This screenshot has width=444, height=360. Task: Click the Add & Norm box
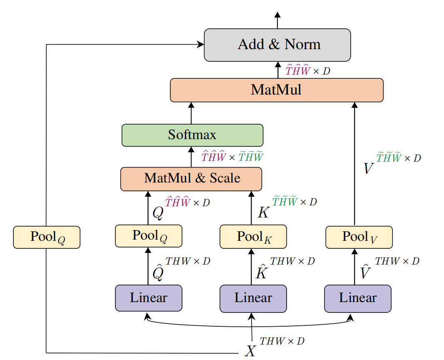click(277, 45)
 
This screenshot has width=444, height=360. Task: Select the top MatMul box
click(277, 90)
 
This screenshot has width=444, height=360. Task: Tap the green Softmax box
click(192, 135)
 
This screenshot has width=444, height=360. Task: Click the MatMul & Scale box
click(191, 179)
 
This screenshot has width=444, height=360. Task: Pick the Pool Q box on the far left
click(47, 237)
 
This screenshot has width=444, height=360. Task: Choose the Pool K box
click(253, 237)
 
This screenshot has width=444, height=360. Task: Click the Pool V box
click(359, 237)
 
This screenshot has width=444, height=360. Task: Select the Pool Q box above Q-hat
click(149, 236)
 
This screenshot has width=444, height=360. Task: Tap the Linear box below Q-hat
click(149, 298)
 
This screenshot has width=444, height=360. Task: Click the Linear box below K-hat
click(253, 298)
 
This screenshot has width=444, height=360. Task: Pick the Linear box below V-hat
click(358, 298)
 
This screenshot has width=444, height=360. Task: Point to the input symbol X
click(250, 351)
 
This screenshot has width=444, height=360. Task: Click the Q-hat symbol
click(158, 272)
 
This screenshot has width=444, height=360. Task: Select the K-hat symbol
click(261, 272)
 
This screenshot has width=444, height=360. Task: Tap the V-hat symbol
click(365, 272)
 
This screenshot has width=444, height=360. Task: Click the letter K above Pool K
click(263, 212)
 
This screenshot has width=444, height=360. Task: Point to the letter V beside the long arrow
click(368, 168)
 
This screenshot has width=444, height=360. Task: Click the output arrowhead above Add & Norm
click(277, 15)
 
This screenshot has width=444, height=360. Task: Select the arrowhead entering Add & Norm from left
click(200, 44)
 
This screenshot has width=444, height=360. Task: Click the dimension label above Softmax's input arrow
click(232, 156)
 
